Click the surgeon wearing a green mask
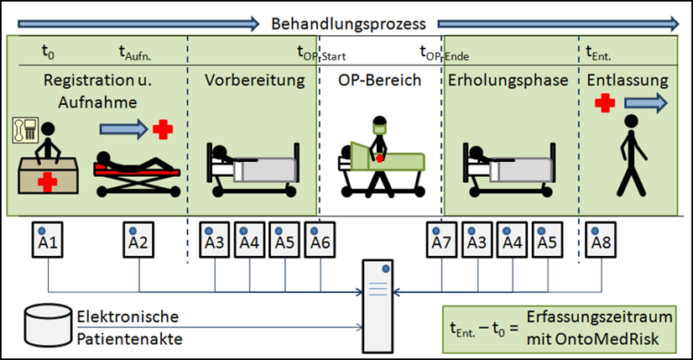[x=378, y=151]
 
